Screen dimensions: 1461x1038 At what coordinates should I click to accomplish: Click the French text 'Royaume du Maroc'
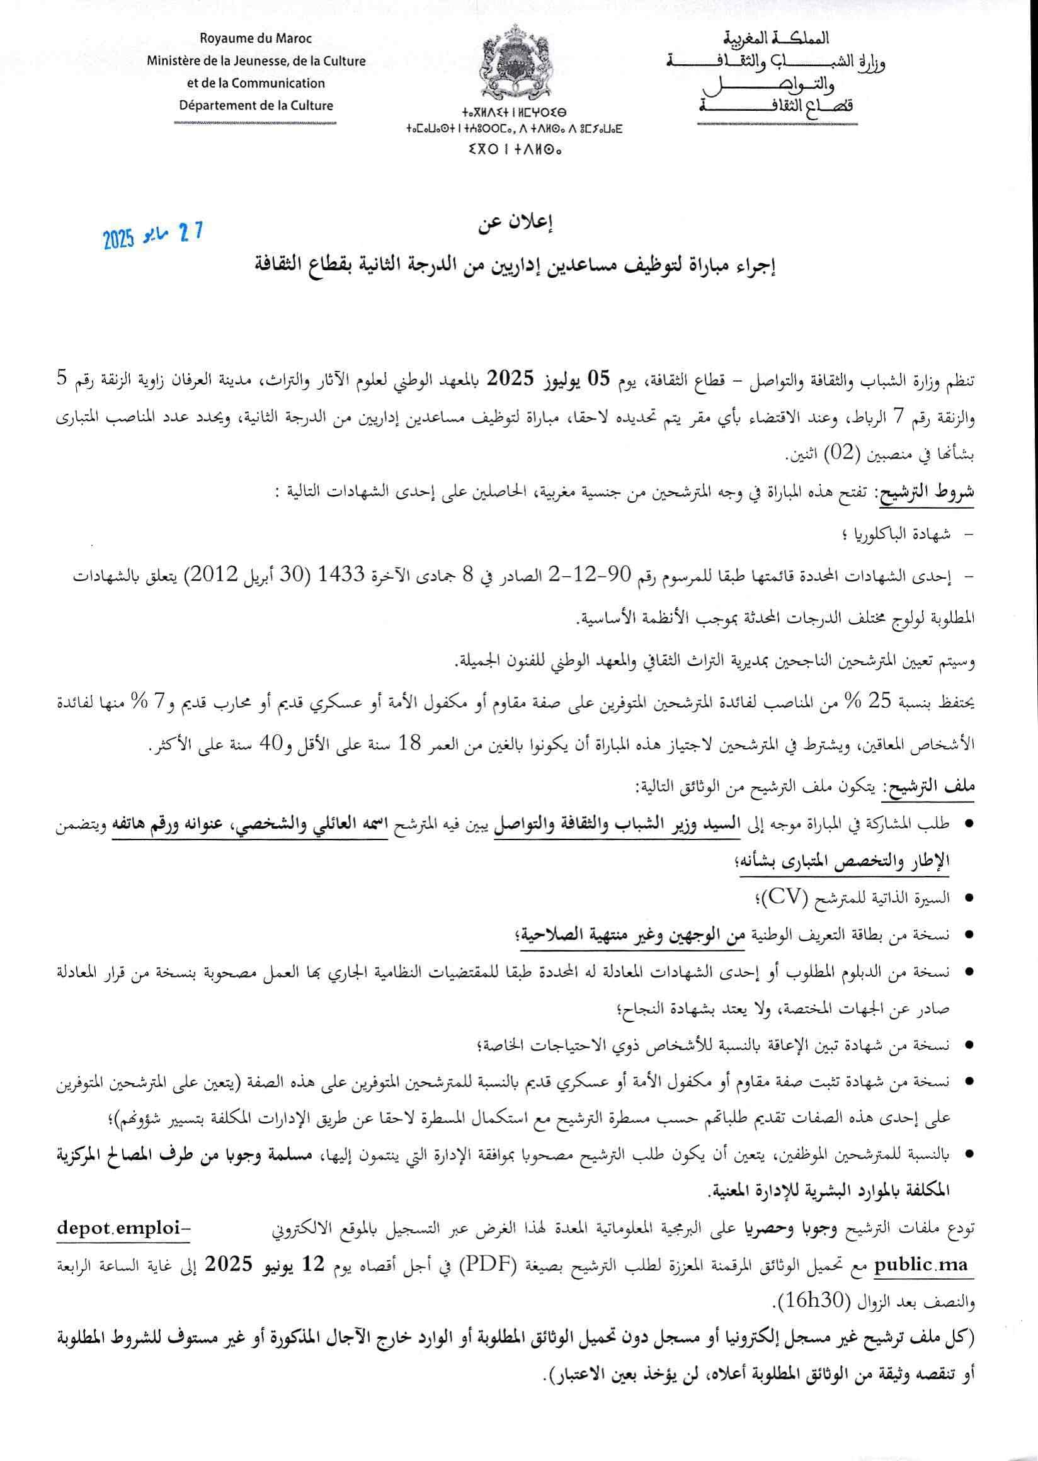pos(256,39)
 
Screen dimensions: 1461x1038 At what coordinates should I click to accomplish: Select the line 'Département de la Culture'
pos(256,105)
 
